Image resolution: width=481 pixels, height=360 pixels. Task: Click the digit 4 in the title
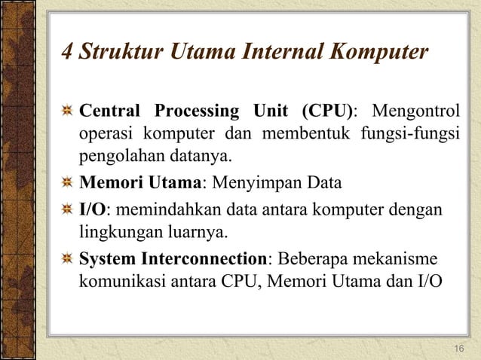66,53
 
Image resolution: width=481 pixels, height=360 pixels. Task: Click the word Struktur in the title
115,53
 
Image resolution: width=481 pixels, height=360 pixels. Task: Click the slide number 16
459,347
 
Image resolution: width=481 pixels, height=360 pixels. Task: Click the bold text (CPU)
326,112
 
